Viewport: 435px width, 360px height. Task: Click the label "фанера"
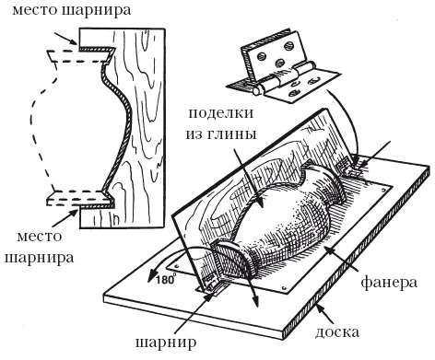(x=389, y=283)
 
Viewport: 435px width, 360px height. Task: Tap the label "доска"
(x=337, y=331)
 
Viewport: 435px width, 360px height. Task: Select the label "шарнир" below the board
(x=166, y=343)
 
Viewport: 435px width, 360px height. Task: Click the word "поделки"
(x=221, y=114)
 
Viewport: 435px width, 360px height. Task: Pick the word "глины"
(x=233, y=134)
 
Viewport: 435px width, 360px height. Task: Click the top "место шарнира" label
(x=72, y=11)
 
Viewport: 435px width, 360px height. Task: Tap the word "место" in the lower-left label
(x=40, y=236)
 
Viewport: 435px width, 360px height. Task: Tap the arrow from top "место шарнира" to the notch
(x=65, y=39)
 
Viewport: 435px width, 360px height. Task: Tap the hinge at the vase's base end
(x=211, y=284)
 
